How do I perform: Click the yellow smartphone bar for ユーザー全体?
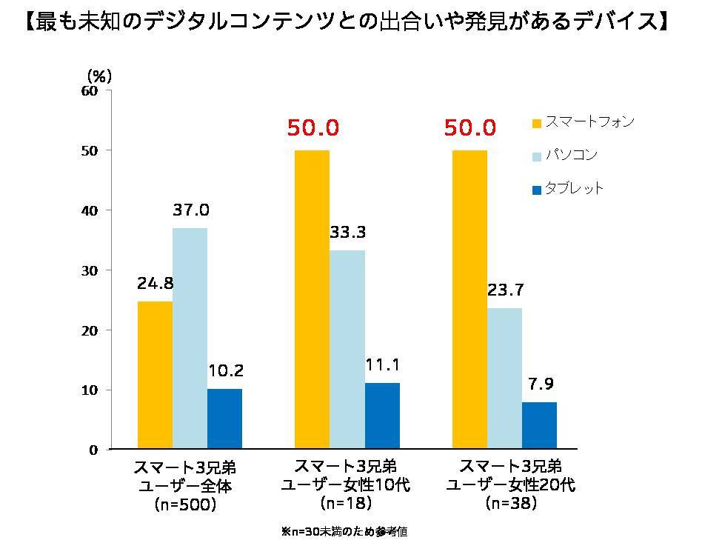tap(155, 375)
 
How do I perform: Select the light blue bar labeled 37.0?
tap(190, 339)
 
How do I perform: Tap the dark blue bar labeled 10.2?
tap(224, 419)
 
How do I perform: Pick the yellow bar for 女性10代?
tap(312, 299)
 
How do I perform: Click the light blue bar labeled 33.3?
tap(347, 350)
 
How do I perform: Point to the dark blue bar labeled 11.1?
tap(382, 416)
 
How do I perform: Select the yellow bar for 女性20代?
tap(469, 299)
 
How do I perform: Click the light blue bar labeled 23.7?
tap(504, 379)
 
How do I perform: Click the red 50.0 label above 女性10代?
tap(312, 128)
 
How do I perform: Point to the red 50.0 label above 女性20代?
tap(469, 128)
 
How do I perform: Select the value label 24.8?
tap(155, 284)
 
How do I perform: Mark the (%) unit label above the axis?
tap(98, 76)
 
